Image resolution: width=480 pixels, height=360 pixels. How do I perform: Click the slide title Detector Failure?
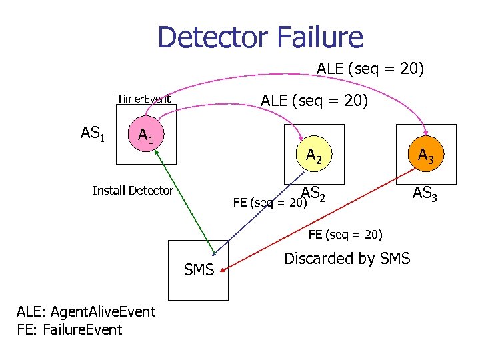coord(260,37)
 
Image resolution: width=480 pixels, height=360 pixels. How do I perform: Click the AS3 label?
coord(425,193)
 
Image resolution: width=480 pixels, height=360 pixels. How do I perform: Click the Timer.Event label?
coord(143,99)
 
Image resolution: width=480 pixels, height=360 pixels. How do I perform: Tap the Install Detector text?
coord(133,191)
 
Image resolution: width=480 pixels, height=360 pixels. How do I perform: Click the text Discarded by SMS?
coord(347,259)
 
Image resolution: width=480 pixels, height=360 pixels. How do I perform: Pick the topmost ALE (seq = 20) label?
coord(370,69)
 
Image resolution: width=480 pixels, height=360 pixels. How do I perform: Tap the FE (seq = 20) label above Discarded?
coord(345,235)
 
